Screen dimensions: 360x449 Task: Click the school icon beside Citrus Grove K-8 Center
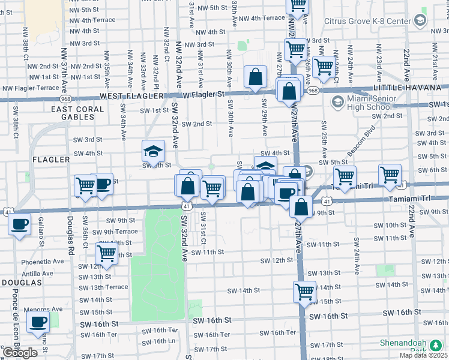(x=420, y=20)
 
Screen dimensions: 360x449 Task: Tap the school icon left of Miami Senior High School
(x=336, y=101)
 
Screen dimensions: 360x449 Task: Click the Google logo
(x=20, y=352)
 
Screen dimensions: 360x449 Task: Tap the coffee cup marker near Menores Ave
(x=38, y=322)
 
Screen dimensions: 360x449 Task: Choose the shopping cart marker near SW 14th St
(x=305, y=292)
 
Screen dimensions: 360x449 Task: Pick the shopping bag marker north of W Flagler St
(x=255, y=77)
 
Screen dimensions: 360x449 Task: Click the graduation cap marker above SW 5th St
(x=153, y=151)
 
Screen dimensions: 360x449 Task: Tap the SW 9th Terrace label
(x=115, y=232)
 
